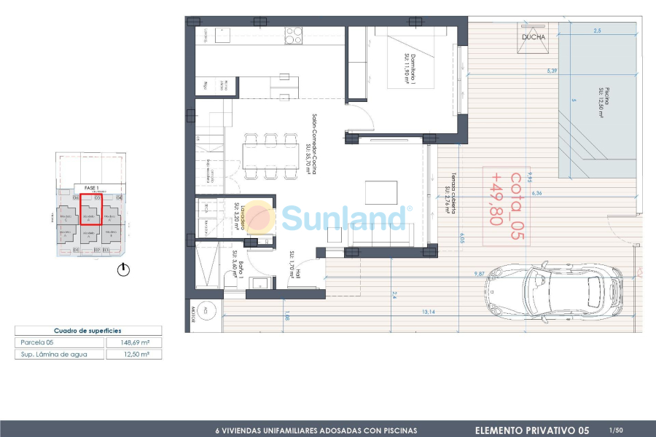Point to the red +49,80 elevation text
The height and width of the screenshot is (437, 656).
pos(496,197)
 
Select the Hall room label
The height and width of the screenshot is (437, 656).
pos(294,264)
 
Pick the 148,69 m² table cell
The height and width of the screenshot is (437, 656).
pos(133,342)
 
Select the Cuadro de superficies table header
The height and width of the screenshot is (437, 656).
pos(87,330)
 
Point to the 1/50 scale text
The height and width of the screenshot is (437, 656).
pos(616,430)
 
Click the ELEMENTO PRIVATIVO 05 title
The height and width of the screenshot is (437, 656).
pos(532,430)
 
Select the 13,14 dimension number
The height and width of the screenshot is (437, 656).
pos(429,312)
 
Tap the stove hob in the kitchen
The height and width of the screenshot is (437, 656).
pos(294,36)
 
